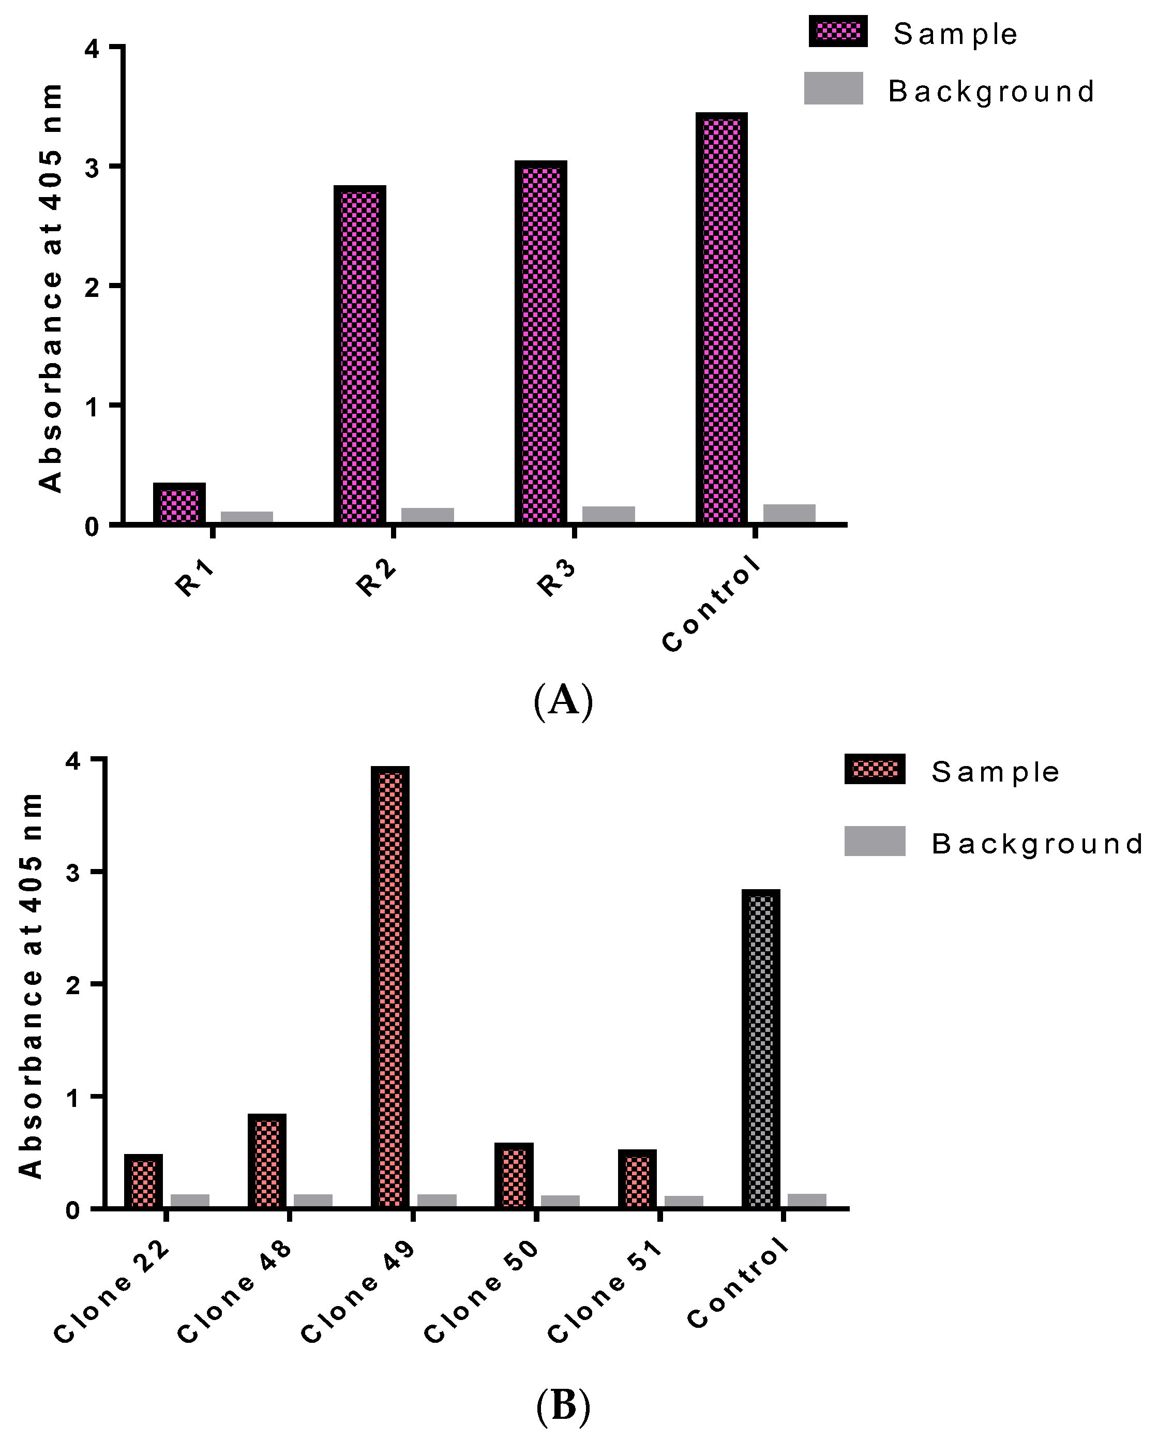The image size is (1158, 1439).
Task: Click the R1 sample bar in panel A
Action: click(x=179, y=503)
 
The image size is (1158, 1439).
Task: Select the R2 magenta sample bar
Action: click(x=360, y=354)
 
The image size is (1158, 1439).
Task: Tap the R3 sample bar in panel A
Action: click(x=540, y=342)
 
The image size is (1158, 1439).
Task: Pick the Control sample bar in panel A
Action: click(x=721, y=318)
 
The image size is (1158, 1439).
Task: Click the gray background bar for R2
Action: click(x=427, y=515)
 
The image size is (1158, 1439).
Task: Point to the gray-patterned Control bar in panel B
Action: click(x=761, y=1048)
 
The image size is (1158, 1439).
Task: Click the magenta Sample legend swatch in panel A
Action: click(x=838, y=32)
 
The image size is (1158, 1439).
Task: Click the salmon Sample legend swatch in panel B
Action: click(x=875, y=769)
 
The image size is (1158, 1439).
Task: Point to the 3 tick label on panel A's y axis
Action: click(x=92, y=168)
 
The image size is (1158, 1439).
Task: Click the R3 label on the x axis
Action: click(x=556, y=578)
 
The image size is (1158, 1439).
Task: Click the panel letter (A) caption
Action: click(x=563, y=700)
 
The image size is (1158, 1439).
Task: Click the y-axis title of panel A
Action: click(x=50, y=287)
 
